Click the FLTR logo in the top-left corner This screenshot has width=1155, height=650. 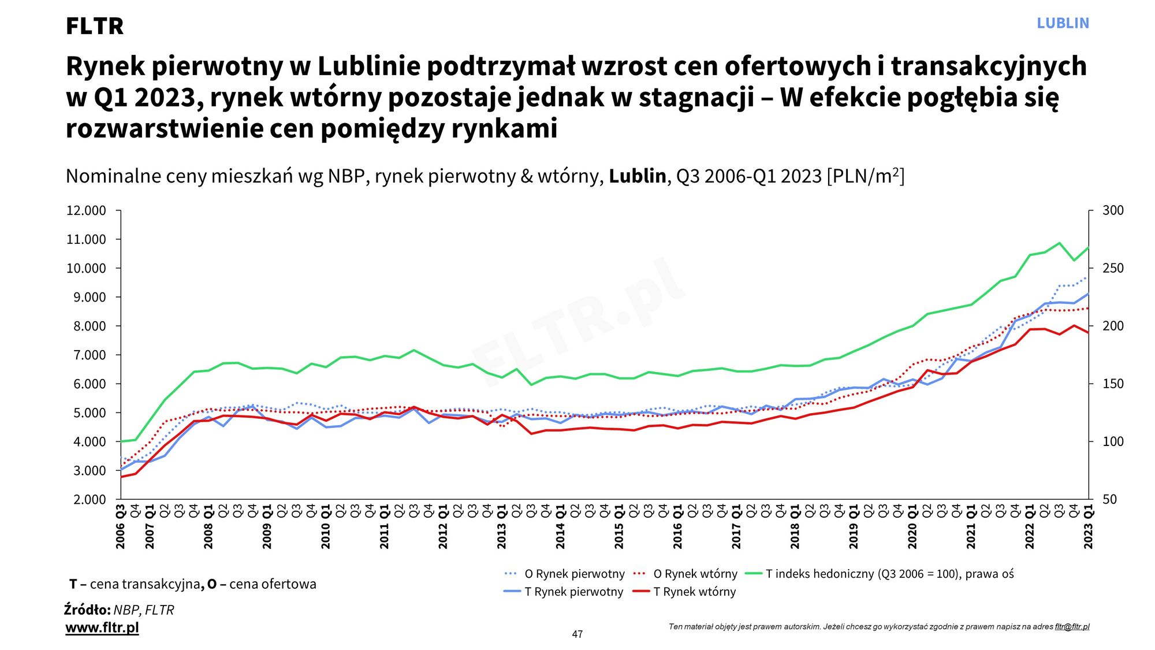(95, 26)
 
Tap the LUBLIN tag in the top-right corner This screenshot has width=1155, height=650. (1063, 23)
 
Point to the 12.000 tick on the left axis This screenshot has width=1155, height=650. (86, 210)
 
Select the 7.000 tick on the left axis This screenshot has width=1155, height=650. (86, 355)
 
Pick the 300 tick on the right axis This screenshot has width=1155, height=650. (1113, 210)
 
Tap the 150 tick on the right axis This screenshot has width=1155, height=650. (1113, 384)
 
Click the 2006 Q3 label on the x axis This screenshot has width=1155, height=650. (121, 527)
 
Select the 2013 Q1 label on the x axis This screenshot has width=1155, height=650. (502, 527)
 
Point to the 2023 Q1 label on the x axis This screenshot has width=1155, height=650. (1089, 527)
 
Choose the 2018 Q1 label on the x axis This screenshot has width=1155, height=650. (795, 527)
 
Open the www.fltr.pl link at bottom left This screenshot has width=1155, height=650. (102, 627)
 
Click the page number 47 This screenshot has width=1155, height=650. (577, 634)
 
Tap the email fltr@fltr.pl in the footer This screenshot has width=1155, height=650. (1072, 626)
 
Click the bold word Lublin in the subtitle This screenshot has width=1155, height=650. (637, 176)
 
